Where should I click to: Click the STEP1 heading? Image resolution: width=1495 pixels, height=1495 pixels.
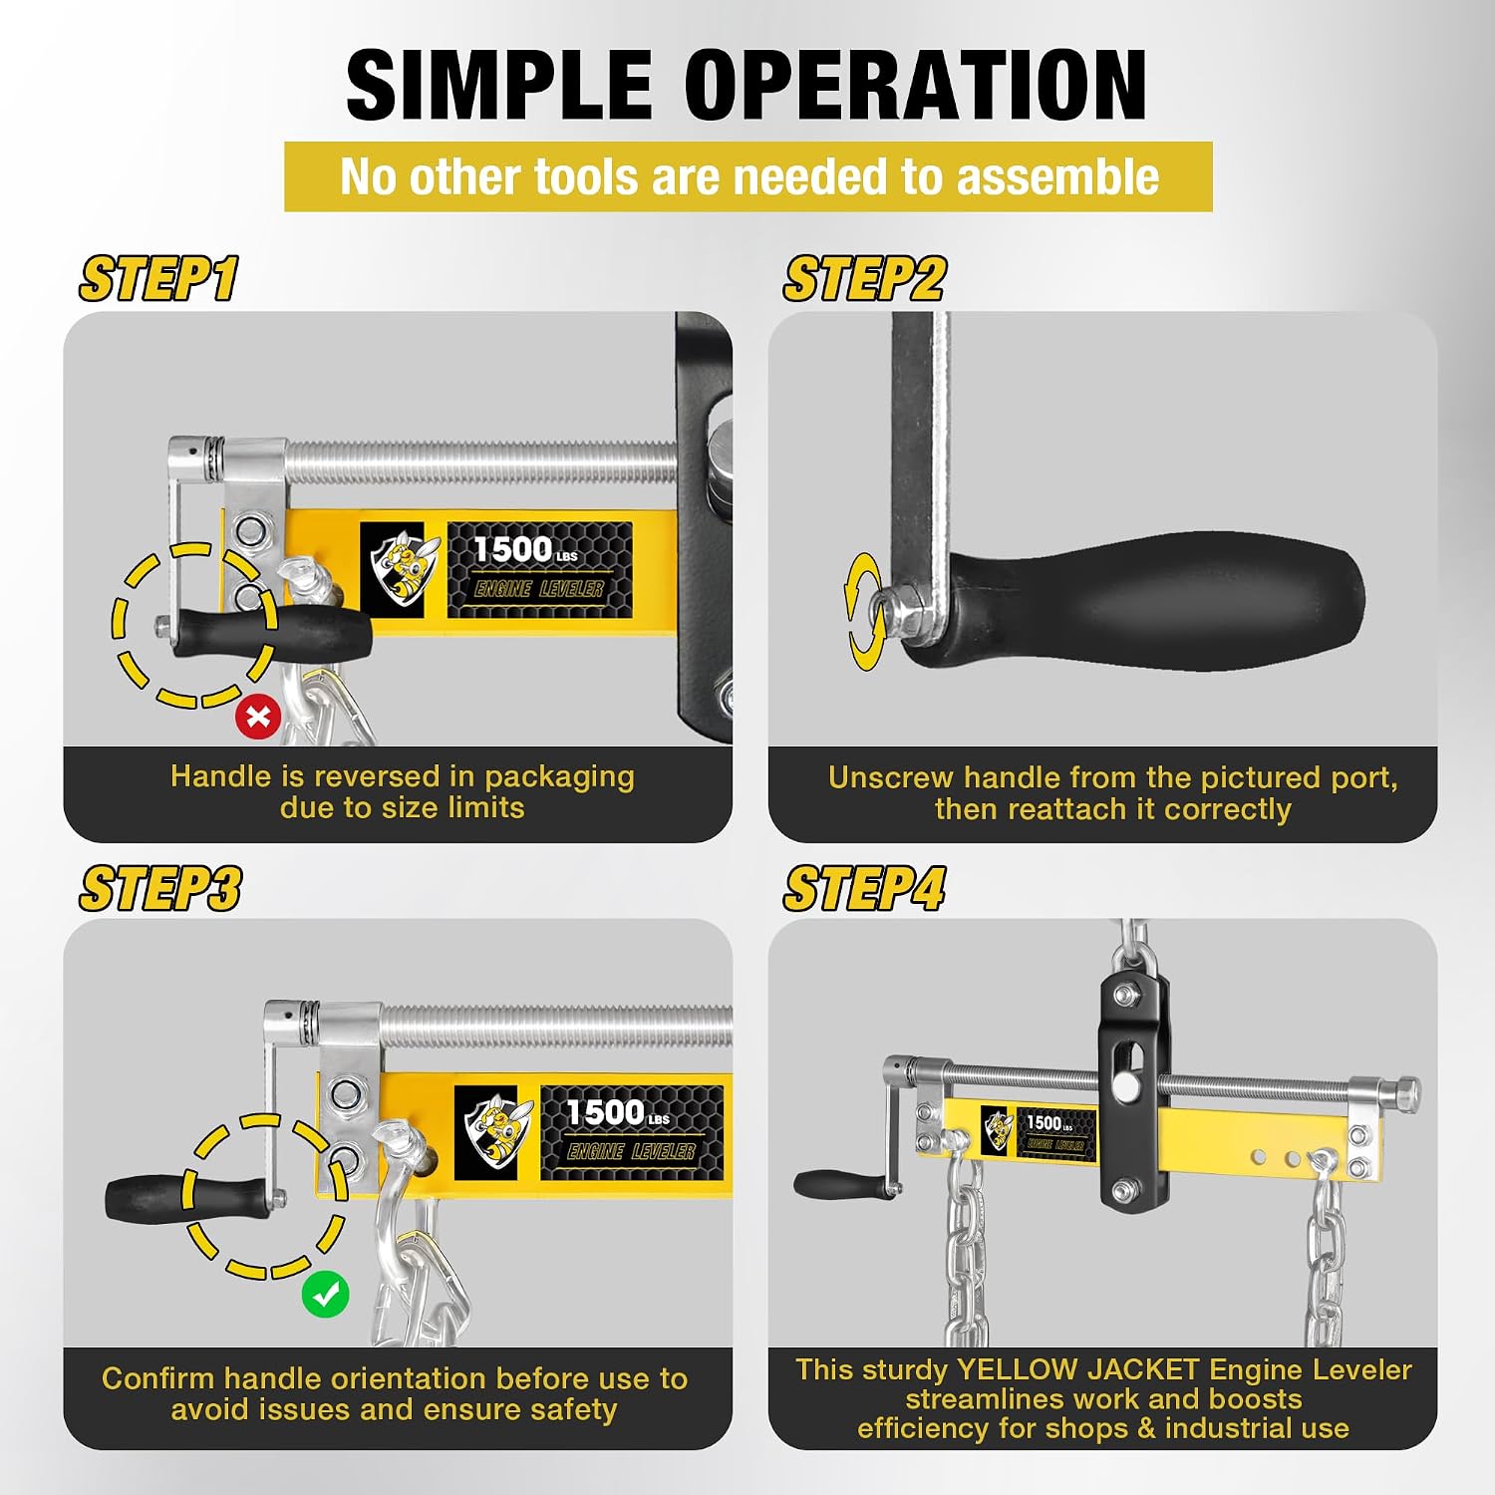coord(159,279)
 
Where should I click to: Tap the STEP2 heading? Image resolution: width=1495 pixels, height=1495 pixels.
coord(864,279)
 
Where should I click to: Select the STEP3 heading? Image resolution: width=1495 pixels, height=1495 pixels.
coord(160,888)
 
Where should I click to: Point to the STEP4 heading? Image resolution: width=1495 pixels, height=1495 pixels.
coord(864,888)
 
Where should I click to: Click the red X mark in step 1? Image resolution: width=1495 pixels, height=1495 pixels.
coord(258,717)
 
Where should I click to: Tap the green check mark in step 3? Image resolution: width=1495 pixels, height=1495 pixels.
coord(326,1294)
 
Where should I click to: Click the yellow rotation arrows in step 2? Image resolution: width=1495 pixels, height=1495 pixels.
coord(863,612)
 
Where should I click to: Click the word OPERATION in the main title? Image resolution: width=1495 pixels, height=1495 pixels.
coord(916,86)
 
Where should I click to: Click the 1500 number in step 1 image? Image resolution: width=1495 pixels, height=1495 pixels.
coord(512,549)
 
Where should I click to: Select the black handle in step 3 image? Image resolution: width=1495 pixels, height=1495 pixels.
coord(189,1196)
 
